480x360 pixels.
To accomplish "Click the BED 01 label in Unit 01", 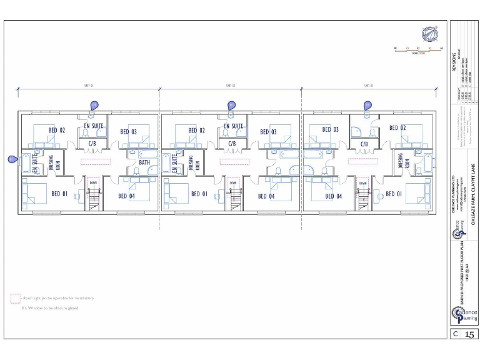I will coord(59,194).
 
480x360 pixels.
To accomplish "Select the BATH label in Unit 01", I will coord(144,162).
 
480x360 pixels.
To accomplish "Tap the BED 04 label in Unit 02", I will coord(267,196).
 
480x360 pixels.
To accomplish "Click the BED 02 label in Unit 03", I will coord(398,128).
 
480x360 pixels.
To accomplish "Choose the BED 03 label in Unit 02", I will coord(269,132).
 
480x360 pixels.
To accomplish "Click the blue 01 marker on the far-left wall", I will coord(12,159).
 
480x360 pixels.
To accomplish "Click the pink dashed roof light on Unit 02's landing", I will coord(234,161).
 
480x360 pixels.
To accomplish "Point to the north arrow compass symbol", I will coord(429,34).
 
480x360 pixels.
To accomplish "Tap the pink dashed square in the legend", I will coord(15,298).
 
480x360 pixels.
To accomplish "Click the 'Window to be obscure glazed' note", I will coord(53,308).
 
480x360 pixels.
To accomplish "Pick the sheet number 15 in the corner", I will coord(469,334).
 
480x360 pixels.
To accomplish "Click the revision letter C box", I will coord(456,334).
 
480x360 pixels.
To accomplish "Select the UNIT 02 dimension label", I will coord(230,86).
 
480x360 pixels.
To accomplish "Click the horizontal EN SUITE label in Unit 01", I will coord(94,126).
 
